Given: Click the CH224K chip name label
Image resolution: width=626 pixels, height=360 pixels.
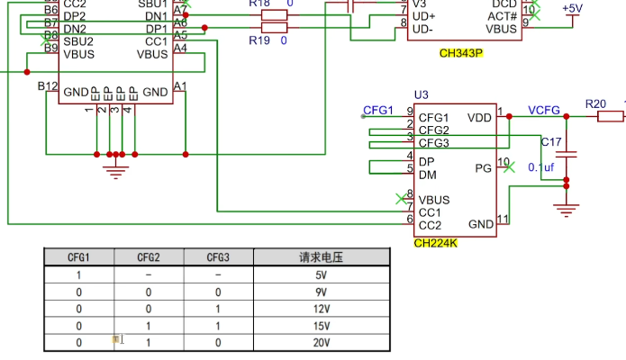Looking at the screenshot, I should point(436,242).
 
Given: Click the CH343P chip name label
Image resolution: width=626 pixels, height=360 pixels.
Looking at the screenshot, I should point(460,53).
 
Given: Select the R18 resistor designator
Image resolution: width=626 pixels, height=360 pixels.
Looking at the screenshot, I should point(259,4).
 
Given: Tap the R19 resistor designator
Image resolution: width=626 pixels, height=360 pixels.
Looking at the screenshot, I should point(259,40).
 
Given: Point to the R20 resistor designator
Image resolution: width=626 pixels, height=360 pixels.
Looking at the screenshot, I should point(595,104).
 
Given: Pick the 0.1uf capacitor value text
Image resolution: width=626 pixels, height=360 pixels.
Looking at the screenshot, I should point(541,167).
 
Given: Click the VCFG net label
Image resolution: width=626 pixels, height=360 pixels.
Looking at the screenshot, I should point(544,111).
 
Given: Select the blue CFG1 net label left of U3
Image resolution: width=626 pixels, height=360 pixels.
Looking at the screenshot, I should point(378,111).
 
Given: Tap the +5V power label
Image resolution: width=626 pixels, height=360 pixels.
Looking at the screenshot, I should point(572,9).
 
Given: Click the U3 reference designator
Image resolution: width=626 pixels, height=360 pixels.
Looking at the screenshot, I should point(422,94).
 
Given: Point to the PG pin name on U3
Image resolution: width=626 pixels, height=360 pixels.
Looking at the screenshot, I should point(483,168).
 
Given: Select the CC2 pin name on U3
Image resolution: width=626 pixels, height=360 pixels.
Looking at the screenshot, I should point(431,225).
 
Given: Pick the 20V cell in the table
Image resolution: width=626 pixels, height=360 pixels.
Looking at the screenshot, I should point(322,343).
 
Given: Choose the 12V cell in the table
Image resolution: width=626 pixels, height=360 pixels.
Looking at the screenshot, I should point(322,309).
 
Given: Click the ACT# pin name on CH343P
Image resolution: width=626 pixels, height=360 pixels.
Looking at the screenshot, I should point(504,15).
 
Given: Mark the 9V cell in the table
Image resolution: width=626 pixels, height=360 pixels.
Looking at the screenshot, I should point(322,292).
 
